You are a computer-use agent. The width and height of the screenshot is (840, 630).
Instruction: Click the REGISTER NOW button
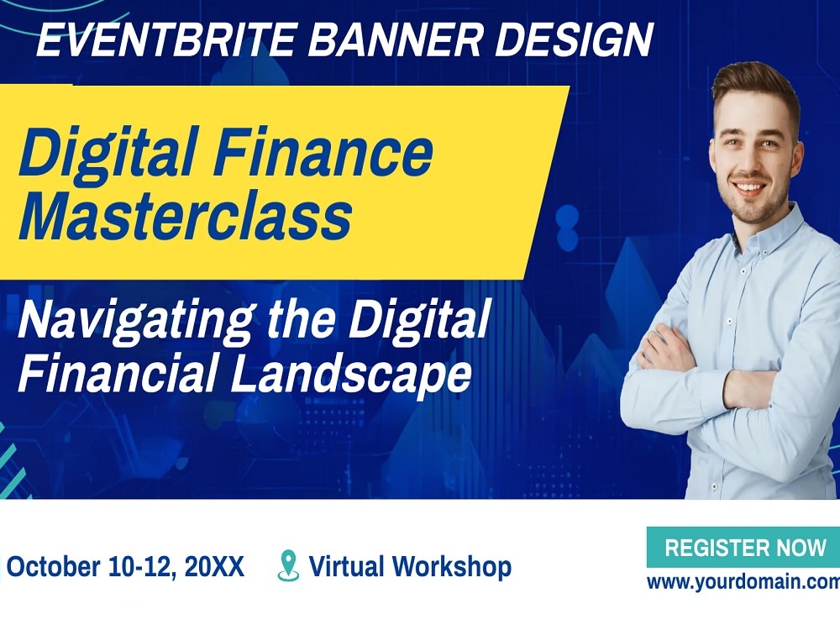tap(745, 548)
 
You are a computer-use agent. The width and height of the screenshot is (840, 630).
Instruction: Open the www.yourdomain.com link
tap(743, 582)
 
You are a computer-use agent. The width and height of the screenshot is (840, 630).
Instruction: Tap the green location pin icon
tap(288, 565)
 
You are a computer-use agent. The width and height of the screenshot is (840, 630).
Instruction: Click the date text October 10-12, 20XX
tap(125, 567)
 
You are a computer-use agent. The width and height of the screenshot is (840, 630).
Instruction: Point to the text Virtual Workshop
tap(410, 567)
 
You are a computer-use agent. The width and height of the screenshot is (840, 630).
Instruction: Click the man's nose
tap(754, 162)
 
